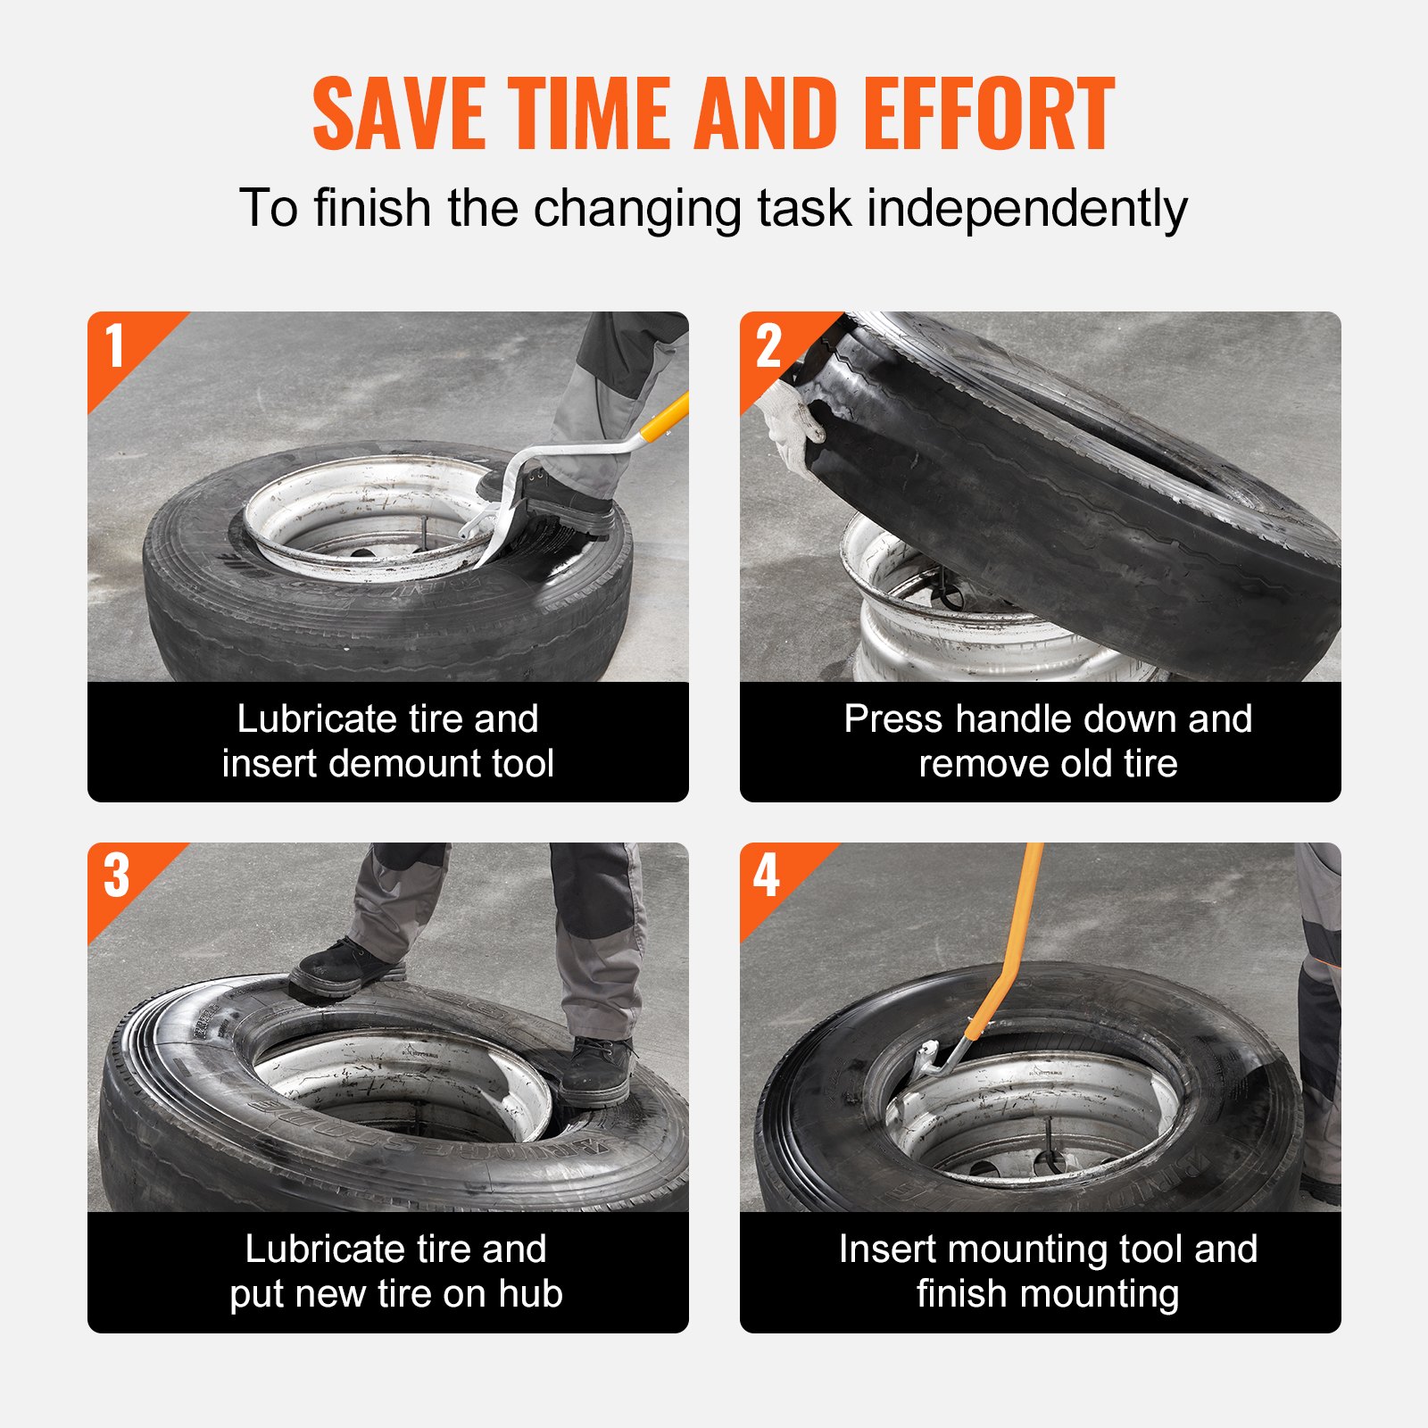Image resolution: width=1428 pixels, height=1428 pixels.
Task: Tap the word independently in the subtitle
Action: (1026, 209)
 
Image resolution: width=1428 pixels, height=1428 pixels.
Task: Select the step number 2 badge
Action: (768, 346)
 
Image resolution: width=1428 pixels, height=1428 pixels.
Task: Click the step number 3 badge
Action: (116, 876)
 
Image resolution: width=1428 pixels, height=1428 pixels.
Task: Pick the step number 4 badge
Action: (767, 876)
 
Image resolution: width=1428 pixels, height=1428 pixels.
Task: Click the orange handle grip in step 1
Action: (666, 416)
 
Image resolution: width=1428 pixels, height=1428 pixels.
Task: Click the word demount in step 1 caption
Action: (387, 765)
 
